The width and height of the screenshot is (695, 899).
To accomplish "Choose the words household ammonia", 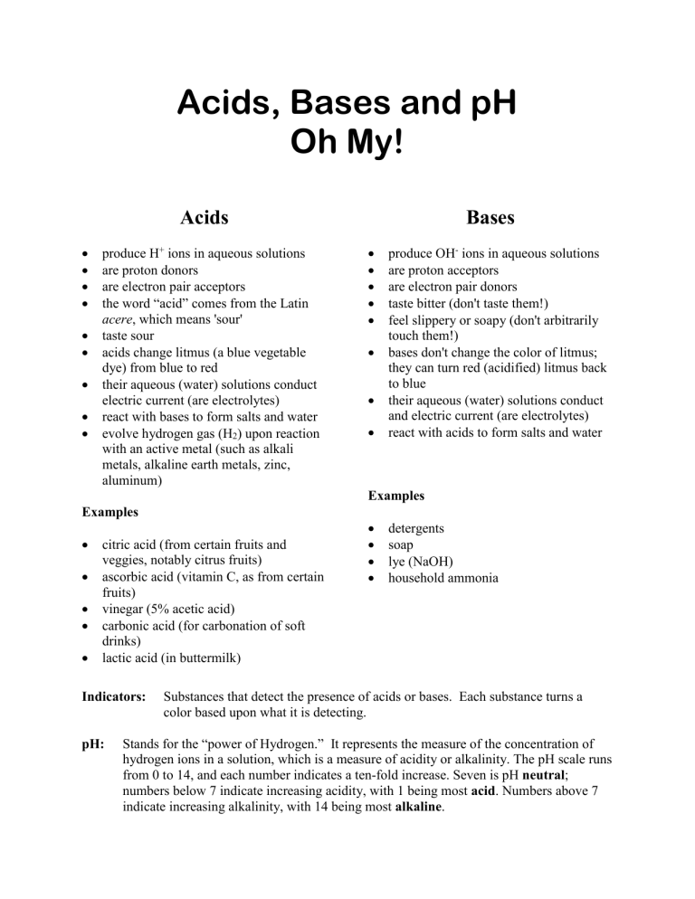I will pyautogui.click(x=443, y=576).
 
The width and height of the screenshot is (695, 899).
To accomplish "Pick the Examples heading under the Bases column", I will pyautogui.click(x=397, y=496).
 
